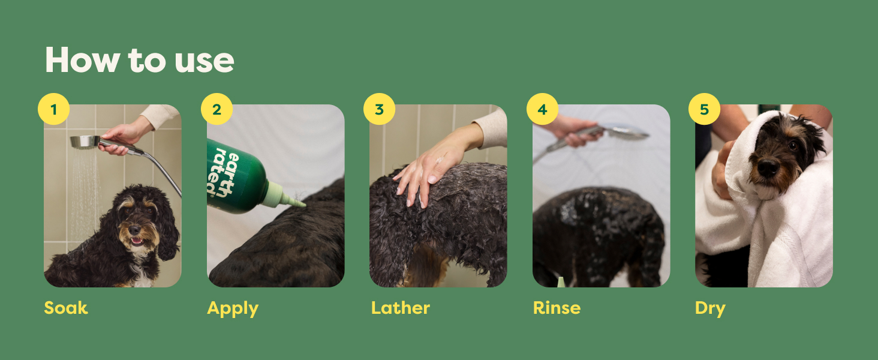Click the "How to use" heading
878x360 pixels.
pyautogui.click(x=139, y=60)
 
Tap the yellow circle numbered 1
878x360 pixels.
pyautogui.click(x=54, y=109)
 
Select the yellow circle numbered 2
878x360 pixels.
pyautogui.click(x=217, y=109)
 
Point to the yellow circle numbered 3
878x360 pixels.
pyautogui.click(x=379, y=109)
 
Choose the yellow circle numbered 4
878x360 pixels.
pyautogui.click(x=542, y=109)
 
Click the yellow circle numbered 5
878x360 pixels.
pyautogui.click(x=704, y=109)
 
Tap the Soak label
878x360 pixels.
pyautogui.click(x=66, y=308)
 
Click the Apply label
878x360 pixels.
pyautogui.click(x=233, y=308)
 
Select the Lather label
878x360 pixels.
pyautogui.click(x=400, y=308)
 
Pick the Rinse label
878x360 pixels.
pyautogui.click(x=557, y=308)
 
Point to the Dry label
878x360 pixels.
pyautogui.click(x=710, y=308)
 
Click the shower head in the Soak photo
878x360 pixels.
pyautogui.click(x=85, y=142)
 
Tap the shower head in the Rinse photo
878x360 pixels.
pyautogui.click(x=626, y=131)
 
